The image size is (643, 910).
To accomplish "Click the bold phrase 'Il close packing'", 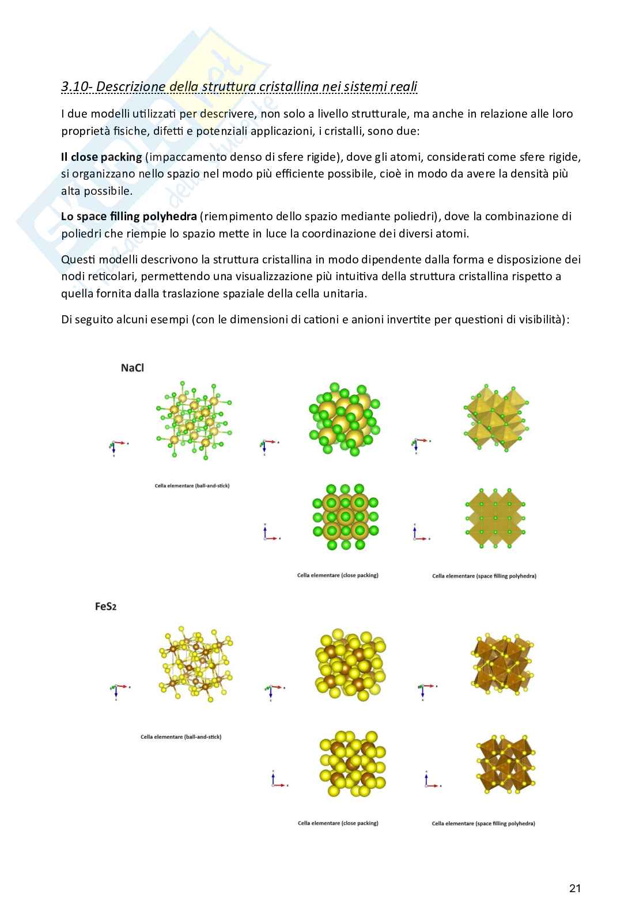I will click(x=101, y=157).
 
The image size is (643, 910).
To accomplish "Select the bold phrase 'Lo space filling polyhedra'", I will click(x=129, y=216).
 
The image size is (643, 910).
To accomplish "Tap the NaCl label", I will click(x=132, y=368).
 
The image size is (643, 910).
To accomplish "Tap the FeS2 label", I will click(x=105, y=606).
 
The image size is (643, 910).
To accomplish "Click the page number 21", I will click(x=574, y=888).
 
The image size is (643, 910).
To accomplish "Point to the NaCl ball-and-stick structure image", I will click(x=193, y=420).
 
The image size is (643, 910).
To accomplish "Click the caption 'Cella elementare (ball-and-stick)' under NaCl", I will click(x=192, y=486).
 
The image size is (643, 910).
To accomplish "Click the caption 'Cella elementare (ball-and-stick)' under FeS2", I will click(x=181, y=737).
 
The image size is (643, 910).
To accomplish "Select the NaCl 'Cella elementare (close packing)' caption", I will click(x=338, y=575).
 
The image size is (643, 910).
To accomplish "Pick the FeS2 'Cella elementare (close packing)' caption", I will click(x=338, y=823).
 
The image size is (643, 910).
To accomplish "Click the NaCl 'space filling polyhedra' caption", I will click(x=484, y=576).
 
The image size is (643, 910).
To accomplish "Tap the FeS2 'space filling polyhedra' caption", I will click(x=483, y=824).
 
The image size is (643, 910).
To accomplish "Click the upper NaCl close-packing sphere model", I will click(x=344, y=419).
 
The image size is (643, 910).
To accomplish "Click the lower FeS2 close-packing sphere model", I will click(x=351, y=764).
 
